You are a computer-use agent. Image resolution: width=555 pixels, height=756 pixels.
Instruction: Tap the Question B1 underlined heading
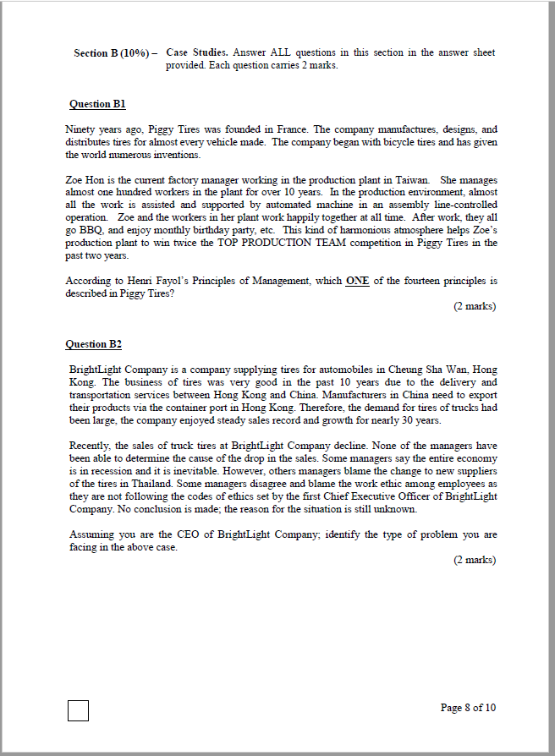point(97,104)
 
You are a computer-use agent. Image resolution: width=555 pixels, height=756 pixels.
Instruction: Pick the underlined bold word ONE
point(357,281)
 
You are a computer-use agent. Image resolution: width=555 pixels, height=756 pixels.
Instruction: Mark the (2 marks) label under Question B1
point(475,306)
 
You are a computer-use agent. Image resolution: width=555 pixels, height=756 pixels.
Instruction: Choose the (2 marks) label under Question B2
point(475,560)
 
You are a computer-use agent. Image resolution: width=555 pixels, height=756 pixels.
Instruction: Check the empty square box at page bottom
point(78,709)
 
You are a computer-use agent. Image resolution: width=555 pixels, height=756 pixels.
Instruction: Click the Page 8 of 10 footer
point(468,708)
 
